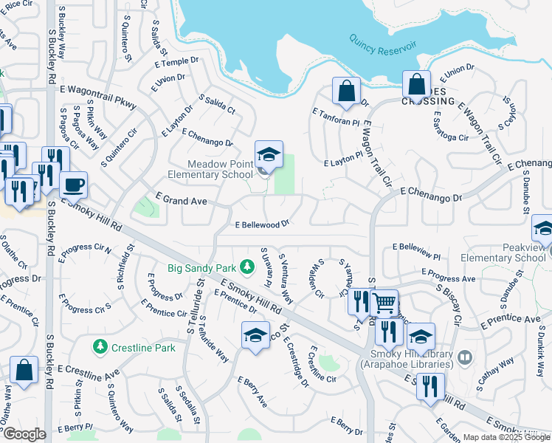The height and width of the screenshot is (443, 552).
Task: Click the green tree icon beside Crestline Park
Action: (100, 346)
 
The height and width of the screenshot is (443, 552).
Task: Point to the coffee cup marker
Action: (73, 185)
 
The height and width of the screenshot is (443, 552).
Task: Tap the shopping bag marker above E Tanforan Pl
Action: (346, 91)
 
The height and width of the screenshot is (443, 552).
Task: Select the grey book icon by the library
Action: (464, 358)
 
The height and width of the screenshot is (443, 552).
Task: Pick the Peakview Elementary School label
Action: (503, 253)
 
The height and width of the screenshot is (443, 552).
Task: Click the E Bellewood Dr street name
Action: (261, 224)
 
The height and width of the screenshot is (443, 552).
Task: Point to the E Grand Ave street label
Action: (181, 200)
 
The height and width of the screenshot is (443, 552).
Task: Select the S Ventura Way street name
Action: (286, 278)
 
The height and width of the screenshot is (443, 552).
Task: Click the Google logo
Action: (24, 434)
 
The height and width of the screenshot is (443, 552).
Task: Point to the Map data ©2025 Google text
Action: (506, 438)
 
